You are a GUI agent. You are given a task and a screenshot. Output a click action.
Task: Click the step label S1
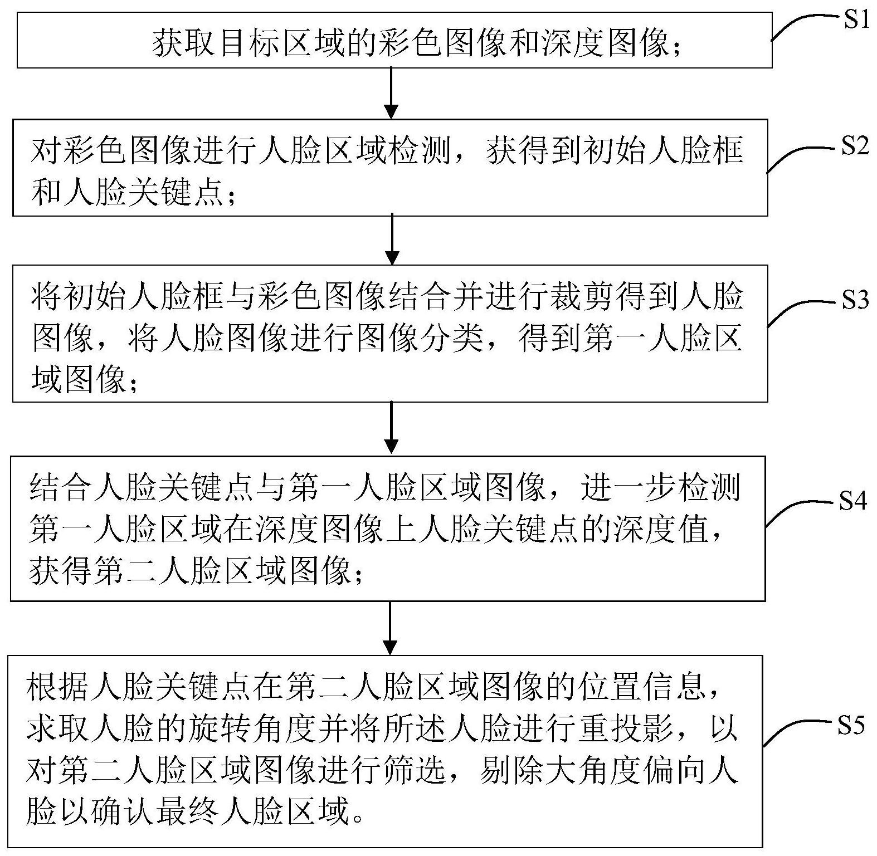coord(856,21)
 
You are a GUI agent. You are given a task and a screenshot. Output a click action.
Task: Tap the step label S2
coord(855,146)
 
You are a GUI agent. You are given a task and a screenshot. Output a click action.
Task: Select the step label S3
coord(855,301)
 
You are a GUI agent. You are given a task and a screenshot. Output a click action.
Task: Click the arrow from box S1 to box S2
coord(392,92)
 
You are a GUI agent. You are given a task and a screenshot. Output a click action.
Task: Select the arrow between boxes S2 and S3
coord(392,239)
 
